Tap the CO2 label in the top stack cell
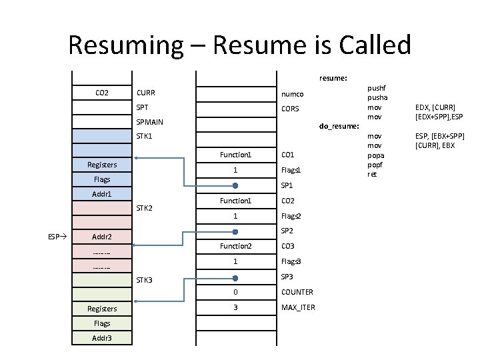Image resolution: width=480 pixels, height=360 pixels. [x=102, y=93]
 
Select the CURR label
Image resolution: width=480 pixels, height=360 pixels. [x=146, y=93]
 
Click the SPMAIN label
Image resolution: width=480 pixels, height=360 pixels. [x=150, y=123]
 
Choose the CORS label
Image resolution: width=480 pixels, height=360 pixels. [x=291, y=109]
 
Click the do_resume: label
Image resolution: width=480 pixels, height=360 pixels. [x=340, y=125]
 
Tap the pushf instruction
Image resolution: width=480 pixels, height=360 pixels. [x=377, y=87]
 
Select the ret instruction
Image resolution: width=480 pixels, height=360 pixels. [x=372, y=174]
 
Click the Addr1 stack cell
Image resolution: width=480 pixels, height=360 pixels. [x=102, y=194]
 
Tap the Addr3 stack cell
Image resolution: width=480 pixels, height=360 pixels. [x=102, y=338]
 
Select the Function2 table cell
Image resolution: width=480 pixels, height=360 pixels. [x=235, y=247]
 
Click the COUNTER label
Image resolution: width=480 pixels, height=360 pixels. [x=297, y=292]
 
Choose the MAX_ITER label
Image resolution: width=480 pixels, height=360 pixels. [x=298, y=307]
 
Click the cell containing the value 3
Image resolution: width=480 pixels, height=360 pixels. [x=235, y=307]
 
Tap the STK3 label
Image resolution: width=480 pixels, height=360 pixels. [x=145, y=279]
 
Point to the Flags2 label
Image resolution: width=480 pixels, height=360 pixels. [x=291, y=216]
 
